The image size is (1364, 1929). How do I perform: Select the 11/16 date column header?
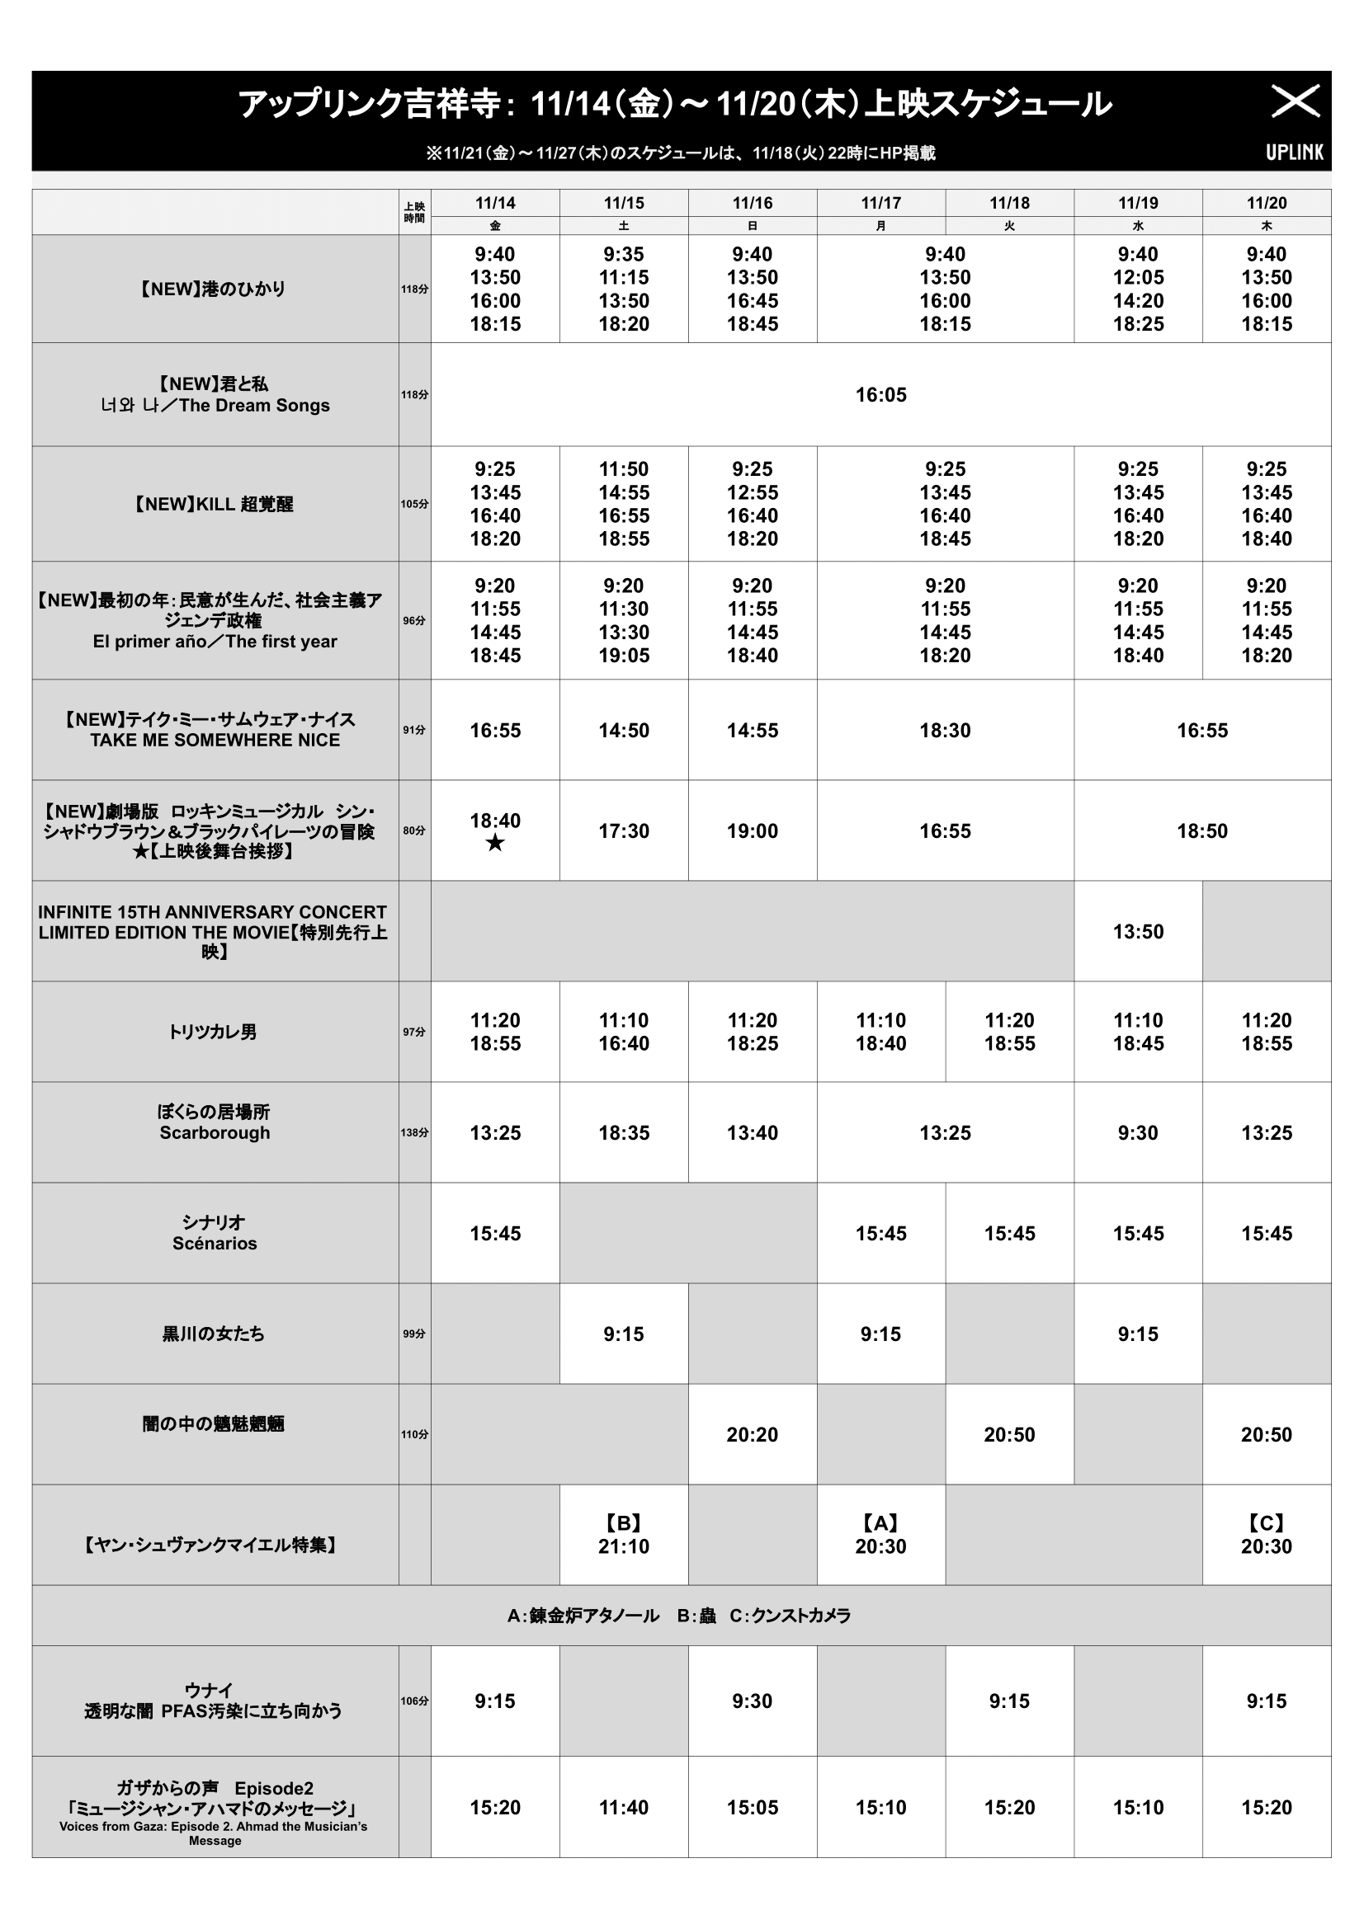(753, 204)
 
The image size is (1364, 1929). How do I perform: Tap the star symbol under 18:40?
(495, 843)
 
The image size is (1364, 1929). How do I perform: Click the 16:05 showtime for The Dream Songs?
(880, 395)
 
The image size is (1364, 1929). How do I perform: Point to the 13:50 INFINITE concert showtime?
(1138, 932)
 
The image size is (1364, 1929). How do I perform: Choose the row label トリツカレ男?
(214, 1032)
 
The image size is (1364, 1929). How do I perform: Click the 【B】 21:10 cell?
(624, 1535)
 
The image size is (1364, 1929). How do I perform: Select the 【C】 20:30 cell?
(1267, 1535)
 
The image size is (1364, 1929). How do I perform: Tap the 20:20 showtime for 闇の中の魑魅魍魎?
(753, 1435)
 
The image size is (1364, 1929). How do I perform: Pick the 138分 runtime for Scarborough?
(414, 1132)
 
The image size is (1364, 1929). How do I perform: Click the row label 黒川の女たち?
(214, 1334)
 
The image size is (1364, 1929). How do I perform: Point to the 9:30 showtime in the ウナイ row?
(753, 1701)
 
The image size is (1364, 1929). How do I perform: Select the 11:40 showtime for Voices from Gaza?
(624, 1807)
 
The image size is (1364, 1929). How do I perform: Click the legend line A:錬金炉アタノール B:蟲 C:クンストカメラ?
(679, 1616)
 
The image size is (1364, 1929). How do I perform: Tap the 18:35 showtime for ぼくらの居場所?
(624, 1132)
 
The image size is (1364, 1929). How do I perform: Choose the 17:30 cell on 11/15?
(624, 831)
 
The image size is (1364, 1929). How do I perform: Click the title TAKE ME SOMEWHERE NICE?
(215, 740)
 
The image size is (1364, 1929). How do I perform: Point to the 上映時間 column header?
(414, 213)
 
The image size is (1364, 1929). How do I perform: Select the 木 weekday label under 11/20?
(1267, 226)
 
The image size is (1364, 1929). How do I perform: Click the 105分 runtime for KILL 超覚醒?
(414, 504)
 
